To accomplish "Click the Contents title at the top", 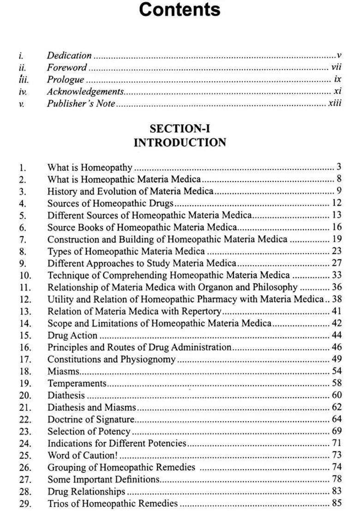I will point(180,10).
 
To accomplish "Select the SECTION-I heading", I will point(180,129).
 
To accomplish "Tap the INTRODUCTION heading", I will point(180,143).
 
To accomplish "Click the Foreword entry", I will point(66,67).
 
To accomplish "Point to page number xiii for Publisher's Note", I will point(335,103).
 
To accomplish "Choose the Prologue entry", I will point(65,79).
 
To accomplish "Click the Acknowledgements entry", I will point(85,91).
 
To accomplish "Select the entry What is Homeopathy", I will point(90,167).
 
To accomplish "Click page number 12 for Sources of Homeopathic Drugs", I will point(336,203).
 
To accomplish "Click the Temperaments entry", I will point(77,383).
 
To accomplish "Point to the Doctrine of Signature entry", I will point(90,419).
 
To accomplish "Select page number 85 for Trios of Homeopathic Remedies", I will point(336,503).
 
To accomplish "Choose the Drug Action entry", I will point(72,335).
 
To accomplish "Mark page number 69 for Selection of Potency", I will point(336,431).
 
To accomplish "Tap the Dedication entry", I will point(69,55).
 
